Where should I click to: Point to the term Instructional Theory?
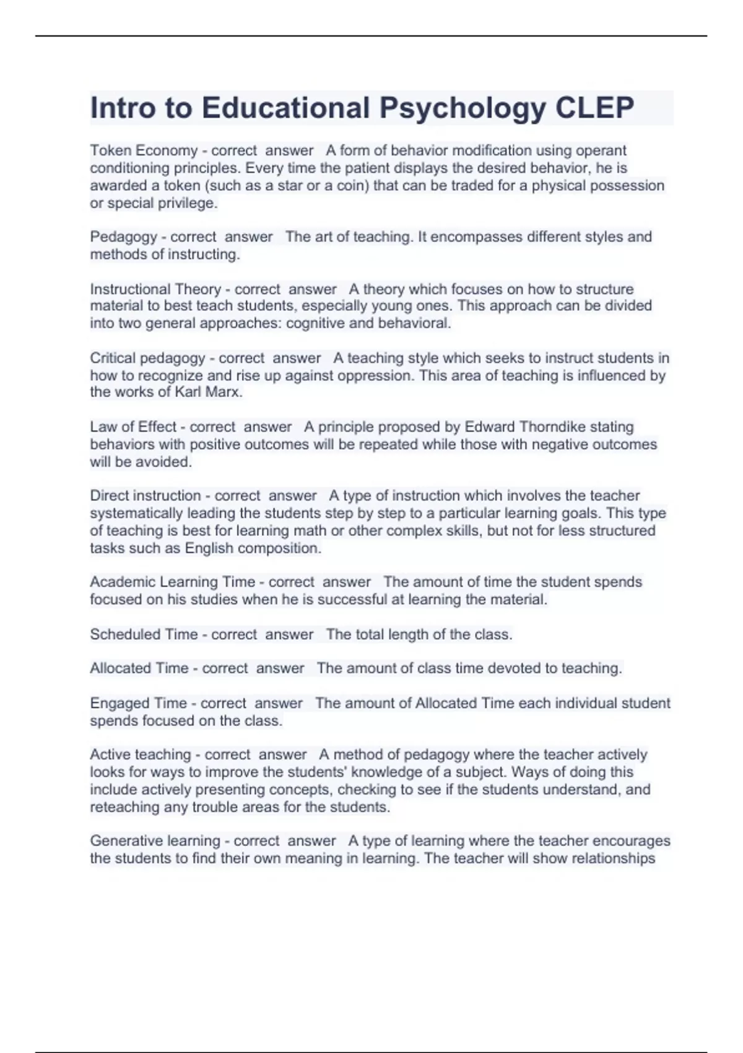[155, 289]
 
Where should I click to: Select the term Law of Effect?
[133, 427]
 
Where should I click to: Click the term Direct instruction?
[146, 496]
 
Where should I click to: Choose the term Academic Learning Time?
[172, 582]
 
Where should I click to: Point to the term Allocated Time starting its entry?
[139, 668]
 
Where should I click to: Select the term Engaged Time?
[138, 703]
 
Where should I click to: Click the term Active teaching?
[141, 754]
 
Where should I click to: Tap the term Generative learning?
[155, 841]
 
